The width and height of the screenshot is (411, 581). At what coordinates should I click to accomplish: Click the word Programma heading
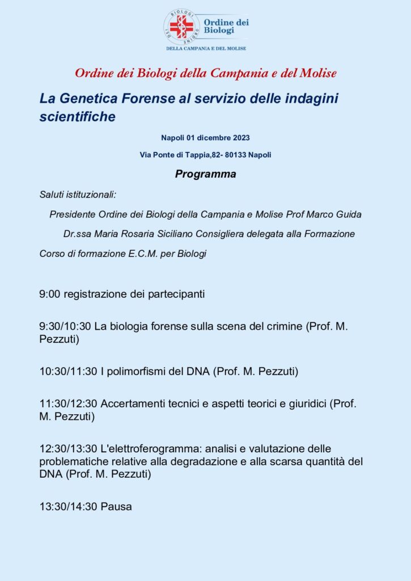(205, 174)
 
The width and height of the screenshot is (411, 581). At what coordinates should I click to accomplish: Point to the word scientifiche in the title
(78, 117)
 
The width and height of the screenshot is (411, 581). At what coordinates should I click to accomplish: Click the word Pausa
(116, 507)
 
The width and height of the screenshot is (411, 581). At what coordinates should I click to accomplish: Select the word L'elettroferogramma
(145, 449)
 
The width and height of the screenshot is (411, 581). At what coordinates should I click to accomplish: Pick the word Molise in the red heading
(316, 73)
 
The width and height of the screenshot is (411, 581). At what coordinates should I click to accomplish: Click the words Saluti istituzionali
(78, 195)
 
